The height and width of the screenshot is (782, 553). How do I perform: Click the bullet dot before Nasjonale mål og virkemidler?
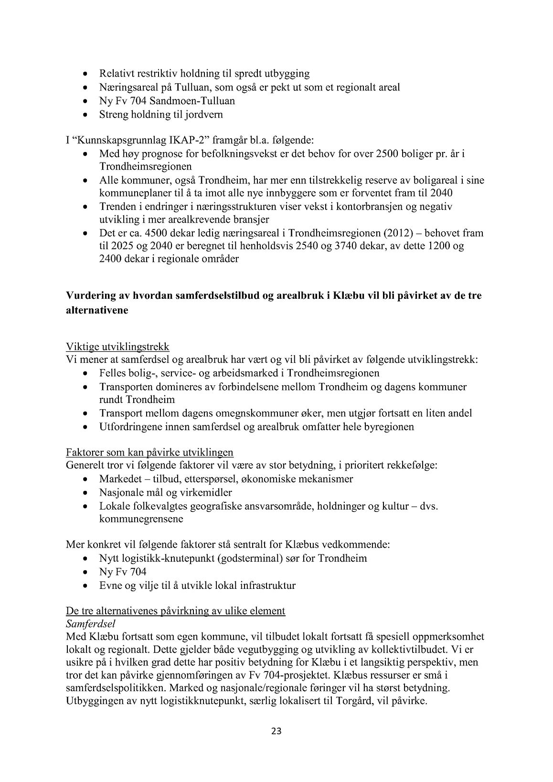point(85,493)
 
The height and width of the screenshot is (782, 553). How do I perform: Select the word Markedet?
point(119,479)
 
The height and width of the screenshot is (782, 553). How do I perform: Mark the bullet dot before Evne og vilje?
point(85,586)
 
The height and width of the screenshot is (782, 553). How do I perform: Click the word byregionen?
point(390,427)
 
